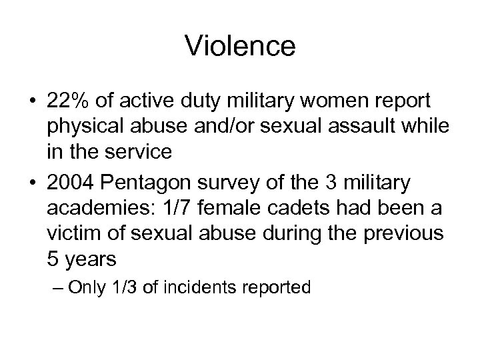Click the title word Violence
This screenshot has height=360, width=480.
click(x=240, y=46)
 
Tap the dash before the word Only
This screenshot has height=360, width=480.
click(x=57, y=288)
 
